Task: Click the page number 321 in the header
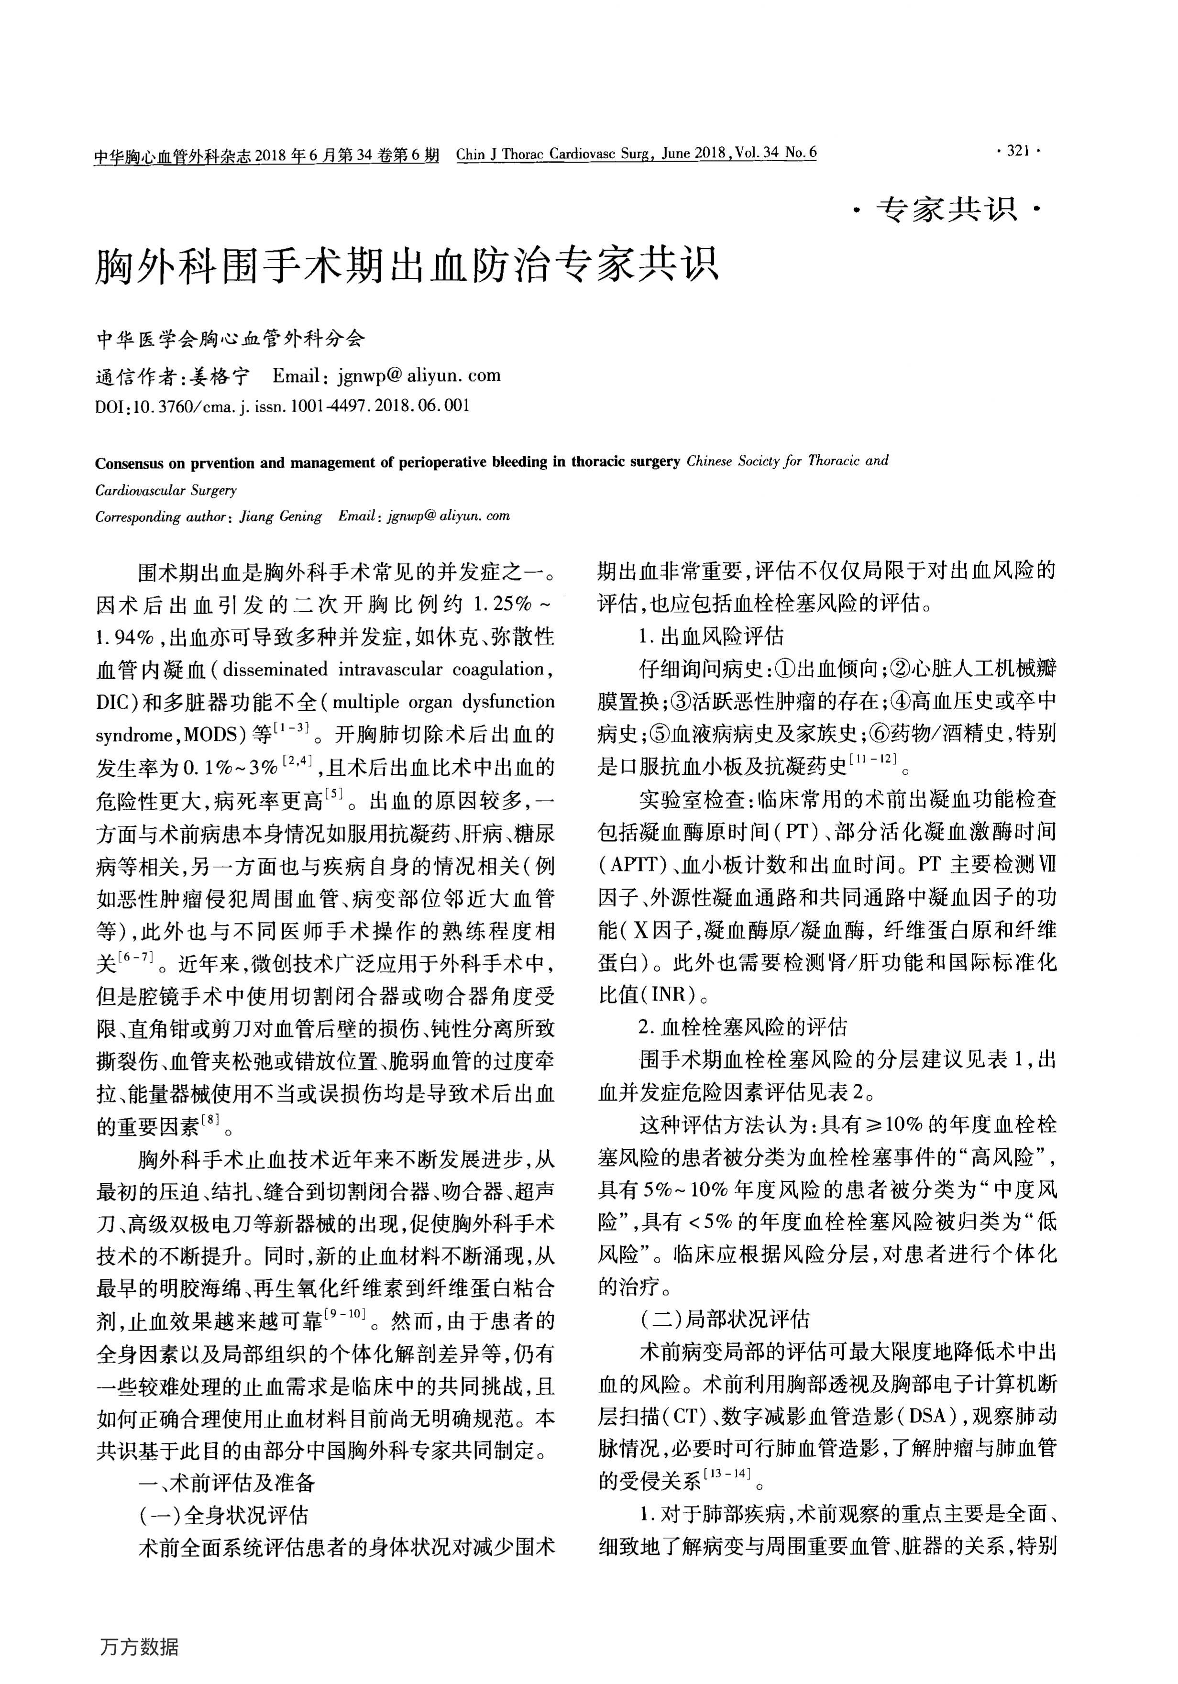pos(1019,152)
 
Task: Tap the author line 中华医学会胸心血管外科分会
pos(231,339)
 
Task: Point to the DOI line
pos(282,406)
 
